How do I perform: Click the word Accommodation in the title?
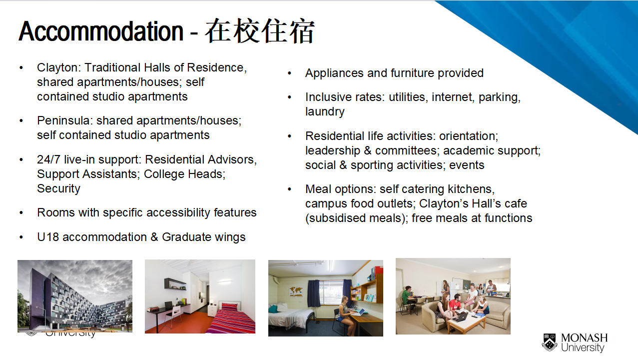pyautogui.click(x=101, y=31)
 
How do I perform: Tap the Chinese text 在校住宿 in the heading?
pyautogui.click(x=260, y=31)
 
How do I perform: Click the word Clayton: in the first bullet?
pyautogui.click(x=59, y=67)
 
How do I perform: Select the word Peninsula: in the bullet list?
pyautogui.click(x=65, y=120)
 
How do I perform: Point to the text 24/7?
pyautogui.click(x=48, y=159)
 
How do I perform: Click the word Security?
pyautogui.click(x=58, y=188)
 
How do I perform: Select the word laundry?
pyautogui.click(x=325, y=111)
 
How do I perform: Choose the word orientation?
pyautogui.click(x=469, y=136)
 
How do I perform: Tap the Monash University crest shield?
pyautogui.click(x=550, y=342)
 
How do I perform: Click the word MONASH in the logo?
pyautogui.click(x=584, y=338)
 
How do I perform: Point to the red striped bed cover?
pyautogui.click(x=231, y=318)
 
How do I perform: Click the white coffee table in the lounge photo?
pyautogui.click(x=467, y=322)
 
